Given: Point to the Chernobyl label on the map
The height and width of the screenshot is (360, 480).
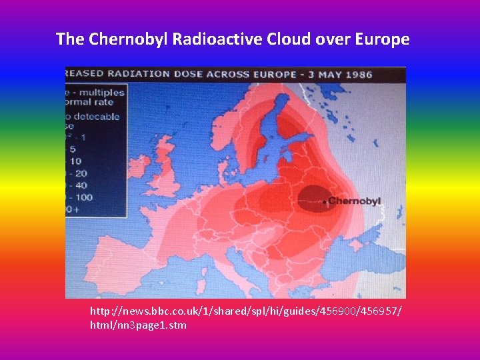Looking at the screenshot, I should point(354,201).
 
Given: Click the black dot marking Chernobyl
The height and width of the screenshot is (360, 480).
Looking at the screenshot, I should point(324,201).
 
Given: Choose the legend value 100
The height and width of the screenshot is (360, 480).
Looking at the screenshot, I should point(83,197).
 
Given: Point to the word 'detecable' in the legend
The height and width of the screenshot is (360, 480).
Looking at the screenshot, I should point(97,117).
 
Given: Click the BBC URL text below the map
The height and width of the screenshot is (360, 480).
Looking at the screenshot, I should point(246,311).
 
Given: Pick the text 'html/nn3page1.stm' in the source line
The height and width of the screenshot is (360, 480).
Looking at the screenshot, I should point(138,325).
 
